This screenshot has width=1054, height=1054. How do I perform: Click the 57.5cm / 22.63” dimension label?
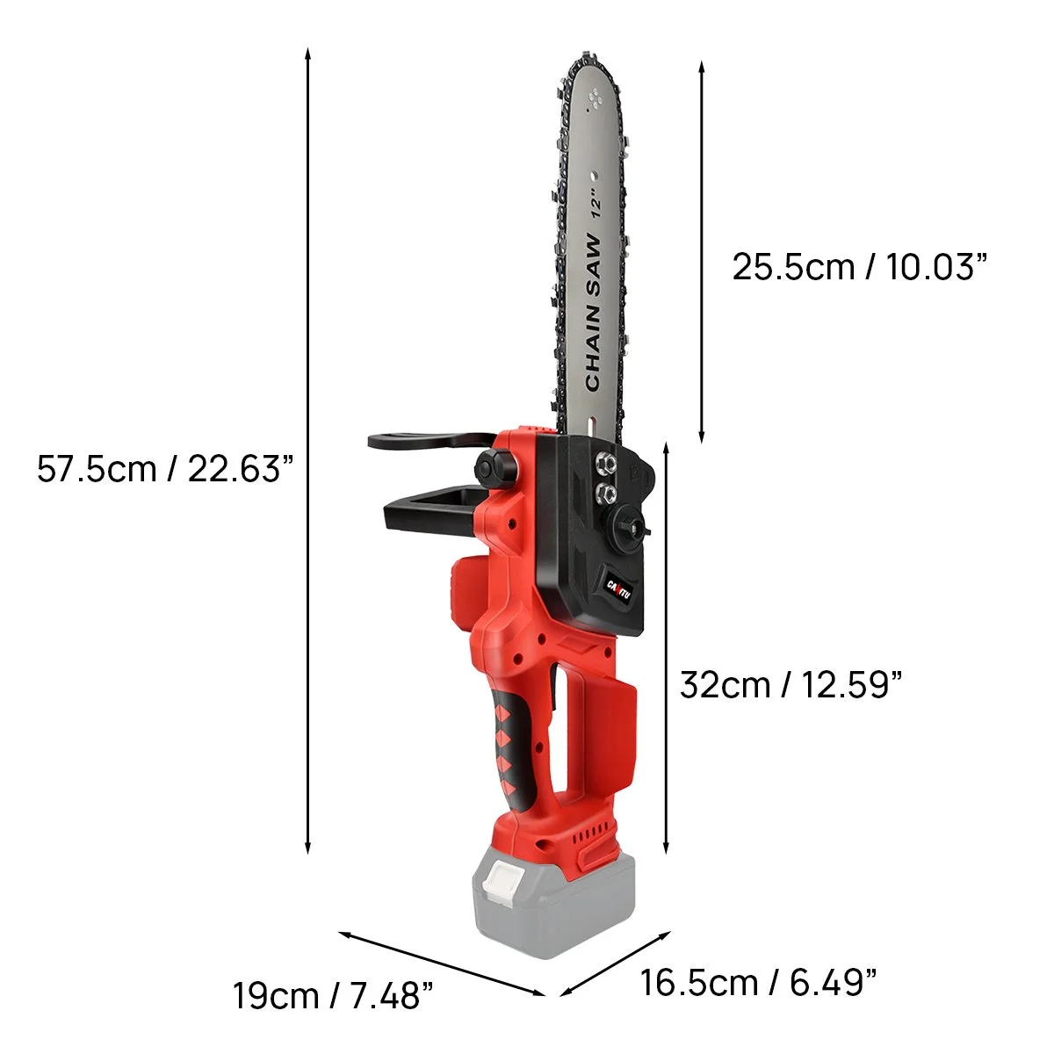click(163, 468)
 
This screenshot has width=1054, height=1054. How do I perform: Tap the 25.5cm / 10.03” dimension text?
click(860, 266)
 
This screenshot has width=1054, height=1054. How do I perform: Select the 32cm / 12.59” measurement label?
click(790, 684)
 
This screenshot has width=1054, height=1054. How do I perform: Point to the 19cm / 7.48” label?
click(333, 995)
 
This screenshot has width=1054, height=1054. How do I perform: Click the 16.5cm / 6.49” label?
click(758, 981)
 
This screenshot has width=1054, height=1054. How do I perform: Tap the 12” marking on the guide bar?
click(597, 203)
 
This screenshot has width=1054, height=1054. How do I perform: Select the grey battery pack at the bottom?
click(552, 905)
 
